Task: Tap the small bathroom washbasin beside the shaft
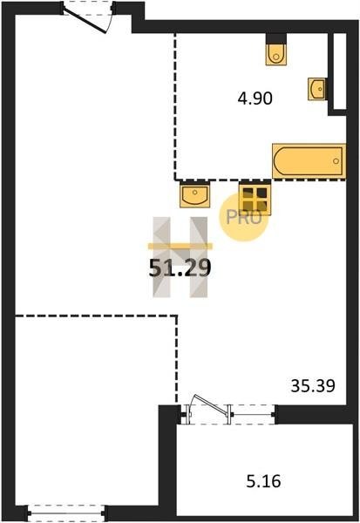tap(317, 89)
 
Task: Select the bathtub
tap(309, 161)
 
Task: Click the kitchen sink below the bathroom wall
tap(195, 194)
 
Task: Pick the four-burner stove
tap(255, 199)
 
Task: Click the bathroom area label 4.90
tap(255, 98)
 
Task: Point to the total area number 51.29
tap(180, 268)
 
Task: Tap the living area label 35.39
tap(313, 386)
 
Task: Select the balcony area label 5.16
tap(263, 481)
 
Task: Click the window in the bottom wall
tap(66, 513)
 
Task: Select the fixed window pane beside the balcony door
tap(252, 415)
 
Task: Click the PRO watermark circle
tap(243, 217)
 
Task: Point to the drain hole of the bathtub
tap(336, 161)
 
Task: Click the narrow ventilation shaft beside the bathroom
tap(340, 71)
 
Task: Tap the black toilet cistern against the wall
tap(276, 38)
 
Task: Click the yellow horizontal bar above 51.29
tap(180, 246)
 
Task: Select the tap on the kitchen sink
tap(195, 193)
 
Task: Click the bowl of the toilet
tap(276, 56)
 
